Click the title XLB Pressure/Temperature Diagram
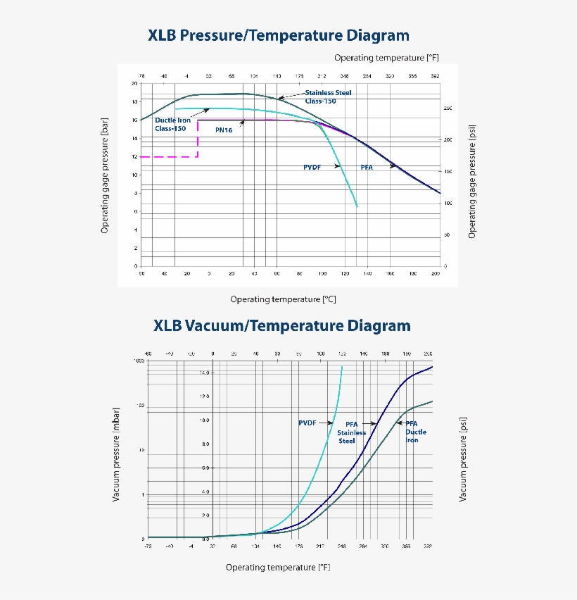[278, 35]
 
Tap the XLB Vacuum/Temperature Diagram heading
[281, 326]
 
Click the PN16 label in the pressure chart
[224, 130]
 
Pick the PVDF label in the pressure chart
[312, 167]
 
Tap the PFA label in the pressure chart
[367, 167]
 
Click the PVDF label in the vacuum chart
[307, 423]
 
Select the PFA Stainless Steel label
[351, 432]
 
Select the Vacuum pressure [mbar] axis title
[117, 458]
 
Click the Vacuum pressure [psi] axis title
[463, 458]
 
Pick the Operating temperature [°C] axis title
[283, 299]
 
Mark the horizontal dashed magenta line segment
[169, 156]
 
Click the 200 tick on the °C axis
[436, 273]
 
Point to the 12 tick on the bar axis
[134, 156]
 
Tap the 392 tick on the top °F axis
[435, 75]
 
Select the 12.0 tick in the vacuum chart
[204, 396]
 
